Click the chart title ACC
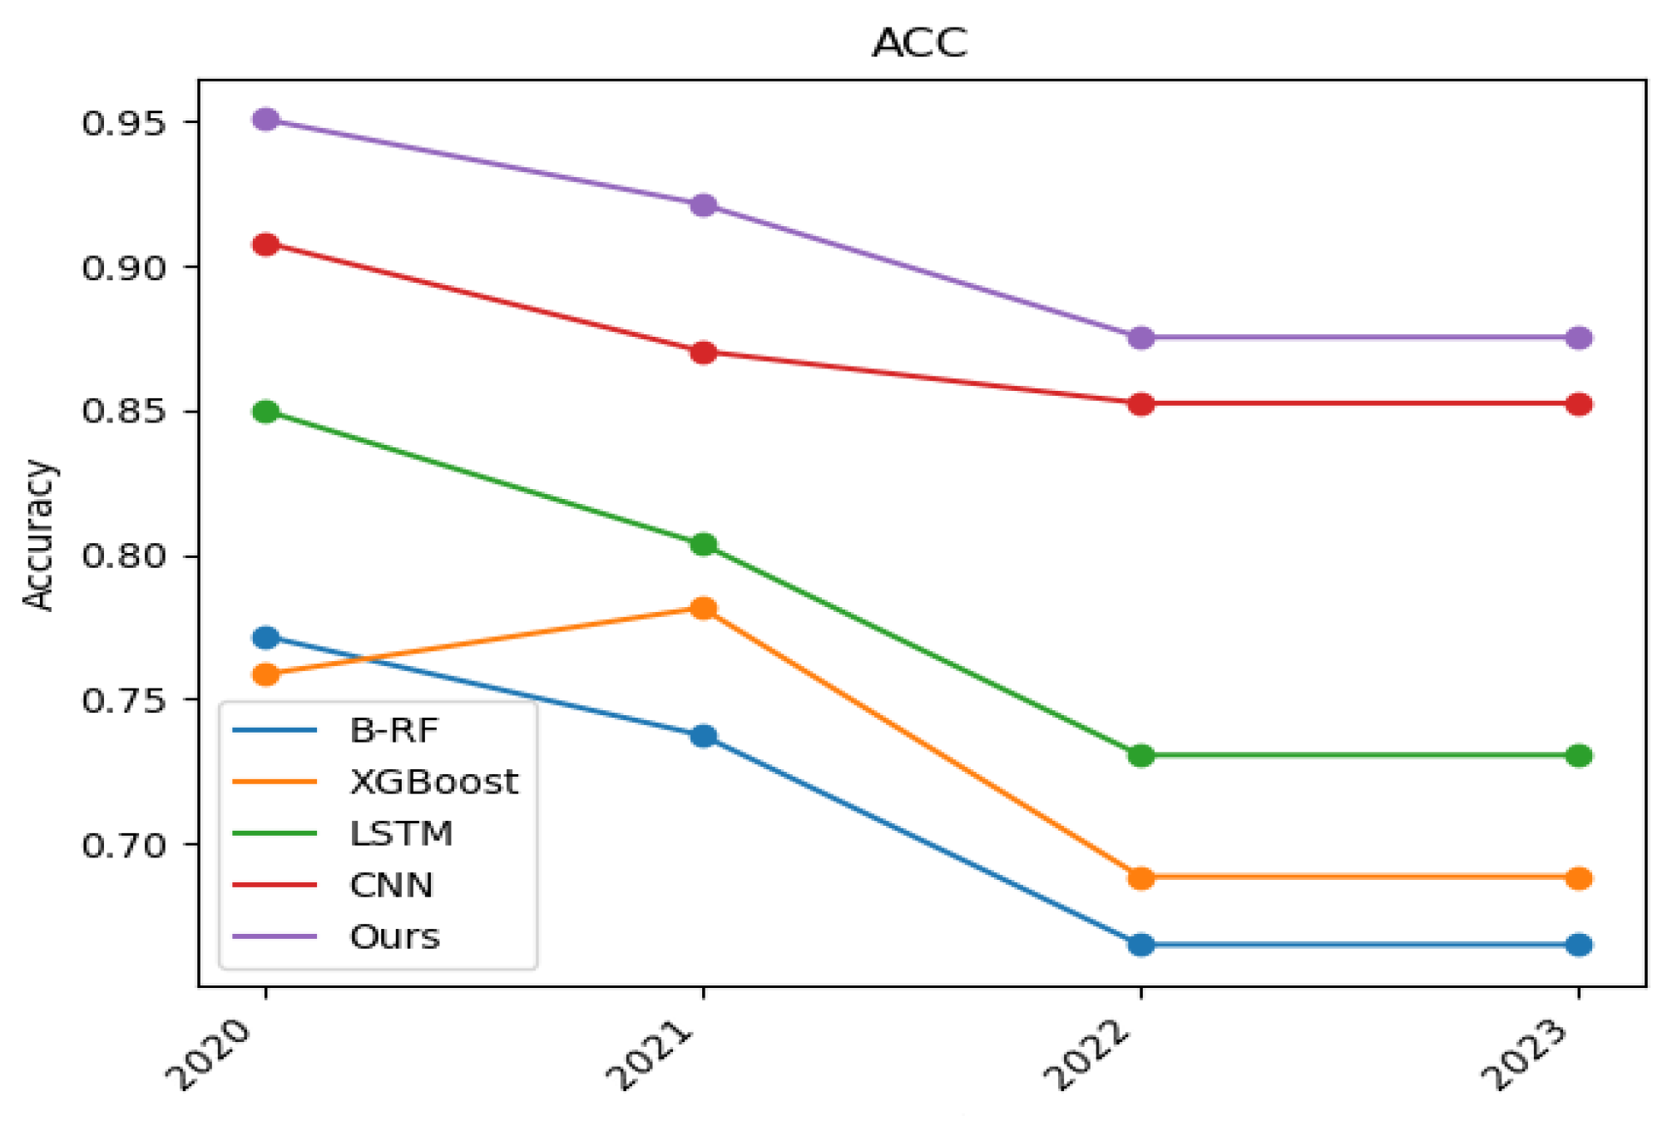[919, 43]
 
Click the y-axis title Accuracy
[38, 535]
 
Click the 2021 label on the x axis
[651, 1054]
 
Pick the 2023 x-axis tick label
[1526, 1054]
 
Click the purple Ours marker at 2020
[265, 120]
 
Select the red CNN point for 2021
[704, 353]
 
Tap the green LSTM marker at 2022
[1141, 756]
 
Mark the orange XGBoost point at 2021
[704, 609]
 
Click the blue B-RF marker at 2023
[1579, 945]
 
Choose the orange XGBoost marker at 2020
[265, 674]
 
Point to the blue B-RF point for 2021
[704, 736]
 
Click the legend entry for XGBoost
[433, 783]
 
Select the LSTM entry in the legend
[401, 834]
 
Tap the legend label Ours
[394, 937]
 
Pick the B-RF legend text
[393, 731]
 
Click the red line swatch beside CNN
[275, 885]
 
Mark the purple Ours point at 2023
[1579, 338]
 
